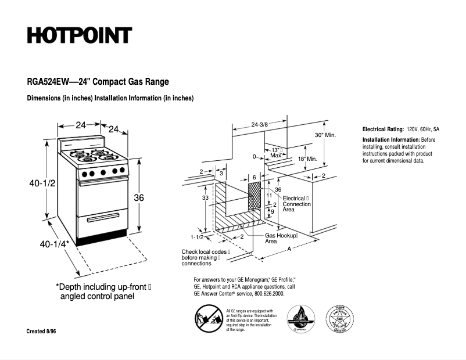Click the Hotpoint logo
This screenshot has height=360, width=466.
click(x=79, y=35)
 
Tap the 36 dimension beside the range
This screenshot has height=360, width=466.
click(x=139, y=198)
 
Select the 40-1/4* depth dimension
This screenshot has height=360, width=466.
click(x=55, y=244)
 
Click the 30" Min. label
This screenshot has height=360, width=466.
click(x=325, y=135)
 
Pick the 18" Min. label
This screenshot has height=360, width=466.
click(x=307, y=159)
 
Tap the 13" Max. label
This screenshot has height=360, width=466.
click(x=277, y=153)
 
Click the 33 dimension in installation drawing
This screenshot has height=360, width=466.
click(x=205, y=198)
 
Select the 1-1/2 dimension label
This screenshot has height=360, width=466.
click(x=197, y=237)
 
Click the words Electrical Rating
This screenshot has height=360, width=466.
click(x=383, y=129)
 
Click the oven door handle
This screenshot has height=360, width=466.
click(x=103, y=182)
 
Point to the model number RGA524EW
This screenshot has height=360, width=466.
click(x=47, y=82)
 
